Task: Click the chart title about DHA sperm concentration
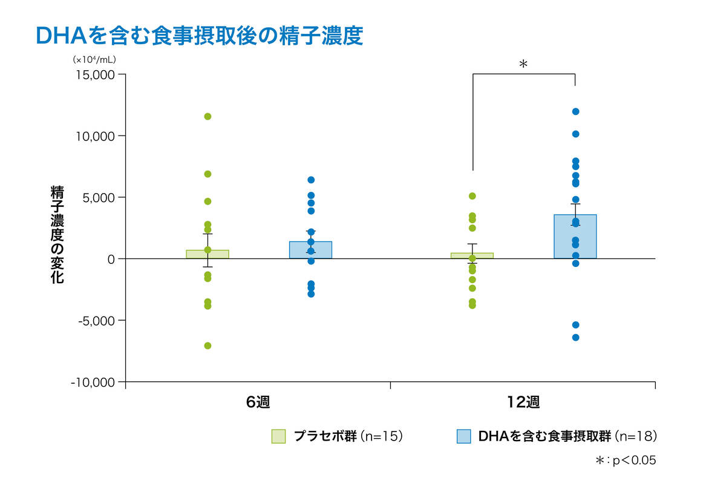pyautogui.click(x=200, y=35)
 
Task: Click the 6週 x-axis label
pyautogui.click(x=258, y=402)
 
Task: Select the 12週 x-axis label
pyautogui.click(x=523, y=402)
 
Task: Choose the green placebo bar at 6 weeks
pyautogui.click(x=208, y=254)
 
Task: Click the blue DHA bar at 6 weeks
pyautogui.click(x=310, y=250)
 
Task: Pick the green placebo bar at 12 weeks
pyautogui.click(x=472, y=256)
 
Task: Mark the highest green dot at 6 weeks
pyautogui.click(x=208, y=116)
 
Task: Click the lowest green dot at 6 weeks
pyautogui.click(x=208, y=346)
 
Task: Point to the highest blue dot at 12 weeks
pyautogui.click(x=575, y=111)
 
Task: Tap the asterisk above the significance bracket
pyautogui.click(x=523, y=64)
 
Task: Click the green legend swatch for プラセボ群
pyautogui.click(x=278, y=436)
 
